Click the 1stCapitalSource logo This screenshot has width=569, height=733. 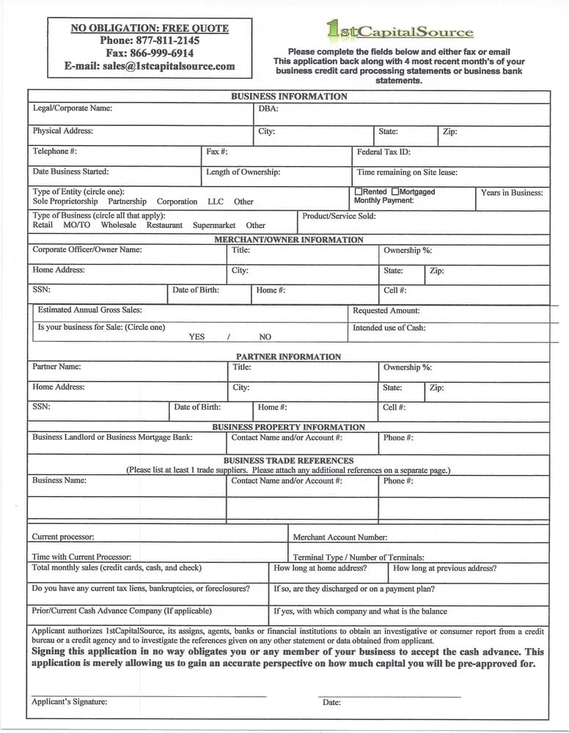click(400, 31)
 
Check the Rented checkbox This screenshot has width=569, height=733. click(359, 191)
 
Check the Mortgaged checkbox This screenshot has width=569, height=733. click(395, 191)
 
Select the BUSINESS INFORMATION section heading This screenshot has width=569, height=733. click(289, 96)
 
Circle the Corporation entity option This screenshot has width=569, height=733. click(177, 202)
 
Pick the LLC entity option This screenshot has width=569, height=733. click(216, 202)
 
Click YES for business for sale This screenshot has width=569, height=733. click(197, 337)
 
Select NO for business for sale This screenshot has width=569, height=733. click(265, 337)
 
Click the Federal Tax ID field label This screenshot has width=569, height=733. click(383, 152)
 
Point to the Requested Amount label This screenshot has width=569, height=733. click(386, 311)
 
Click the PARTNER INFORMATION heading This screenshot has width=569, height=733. click(288, 357)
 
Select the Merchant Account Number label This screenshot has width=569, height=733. click(340, 537)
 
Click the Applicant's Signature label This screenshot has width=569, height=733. click(69, 701)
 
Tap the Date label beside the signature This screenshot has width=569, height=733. click(331, 702)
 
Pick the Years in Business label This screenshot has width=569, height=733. click(512, 193)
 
